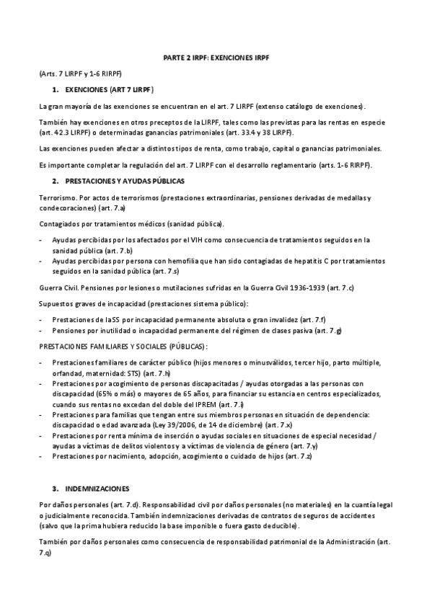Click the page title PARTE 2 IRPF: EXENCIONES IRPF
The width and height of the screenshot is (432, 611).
click(x=216, y=57)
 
